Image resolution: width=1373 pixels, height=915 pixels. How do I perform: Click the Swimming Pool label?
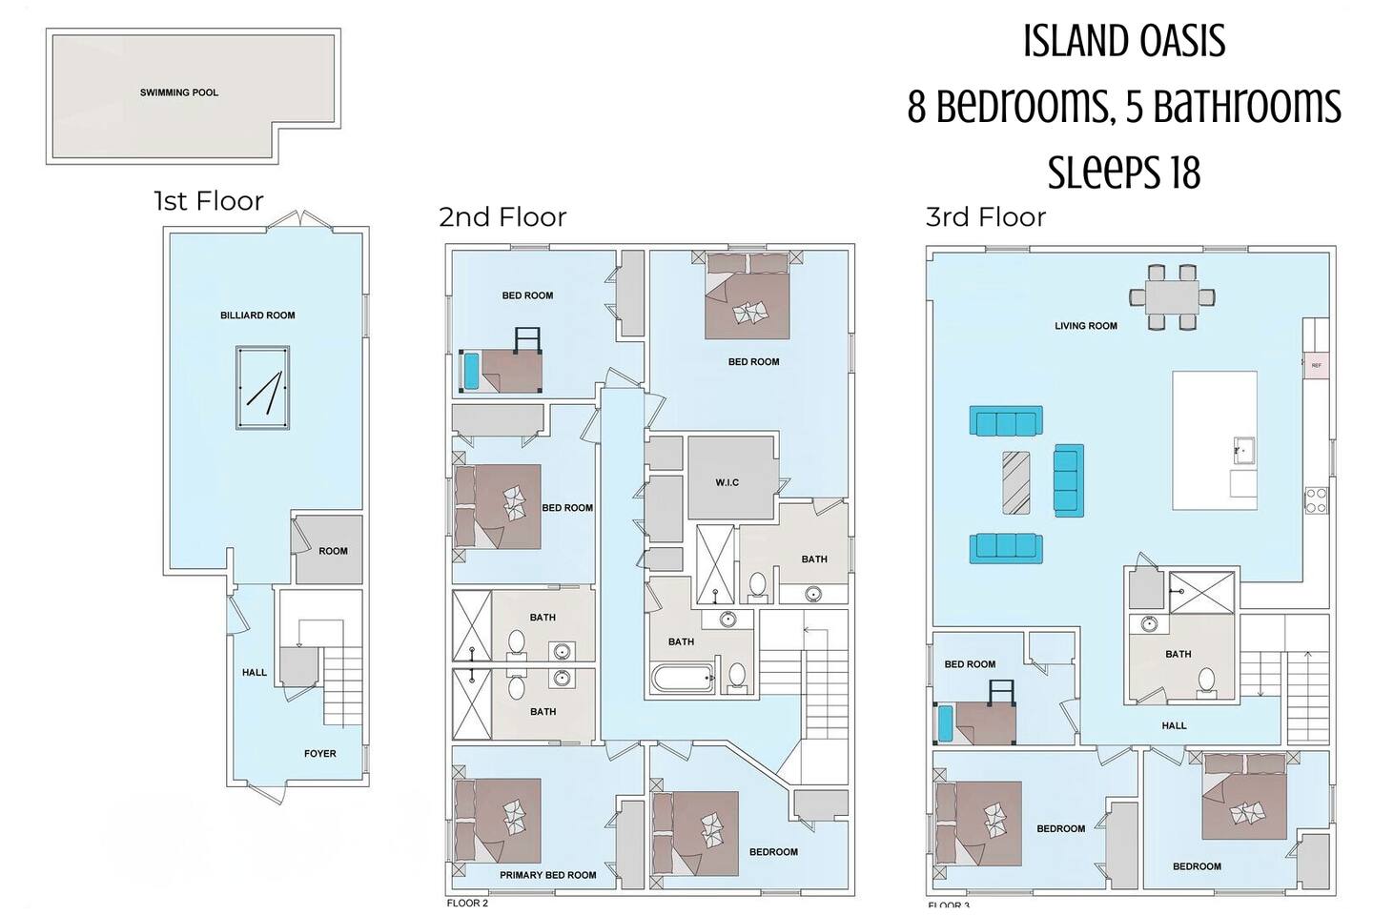pyautogui.click(x=179, y=93)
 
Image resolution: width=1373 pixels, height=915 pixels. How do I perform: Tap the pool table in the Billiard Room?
pyautogui.click(x=262, y=388)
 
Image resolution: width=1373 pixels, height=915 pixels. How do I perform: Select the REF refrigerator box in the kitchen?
pyautogui.click(x=1316, y=365)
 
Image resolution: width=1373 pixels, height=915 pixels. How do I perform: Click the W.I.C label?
pyautogui.click(x=727, y=483)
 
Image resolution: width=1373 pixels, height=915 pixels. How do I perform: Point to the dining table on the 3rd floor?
pyautogui.click(x=1173, y=297)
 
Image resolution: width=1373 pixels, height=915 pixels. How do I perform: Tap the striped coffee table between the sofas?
pyautogui.click(x=1016, y=482)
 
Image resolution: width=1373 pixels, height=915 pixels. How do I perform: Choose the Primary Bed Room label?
pyautogui.click(x=548, y=875)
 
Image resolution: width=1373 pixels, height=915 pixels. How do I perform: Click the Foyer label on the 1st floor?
pyautogui.click(x=320, y=754)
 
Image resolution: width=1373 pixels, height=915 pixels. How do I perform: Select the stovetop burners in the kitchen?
pyautogui.click(x=1316, y=500)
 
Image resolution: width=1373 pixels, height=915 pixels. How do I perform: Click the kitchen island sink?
pyautogui.click(x=1244, y=452)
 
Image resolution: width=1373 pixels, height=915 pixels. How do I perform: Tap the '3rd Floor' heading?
pyautogui.click(x=986, y=217)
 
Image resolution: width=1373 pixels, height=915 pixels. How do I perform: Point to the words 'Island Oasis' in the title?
pyautogui.click(x=1124, y=41)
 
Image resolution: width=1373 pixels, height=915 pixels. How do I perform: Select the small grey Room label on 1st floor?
pyautogui.click(x=333, y=551)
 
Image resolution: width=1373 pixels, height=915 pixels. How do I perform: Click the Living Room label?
pyautogui.click(x=1085, y=326)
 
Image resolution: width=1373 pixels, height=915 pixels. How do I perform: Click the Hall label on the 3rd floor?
pyautogui.click(x=1174, y=725)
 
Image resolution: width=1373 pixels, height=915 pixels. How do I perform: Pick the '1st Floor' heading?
pyautogui.click(x=209, y=201)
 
